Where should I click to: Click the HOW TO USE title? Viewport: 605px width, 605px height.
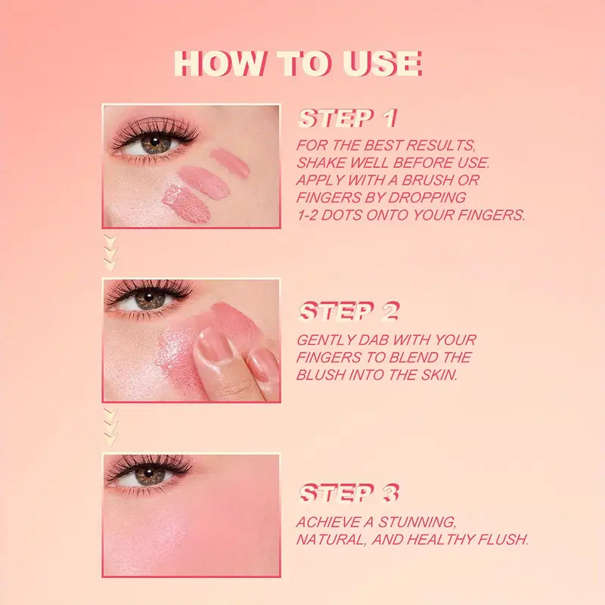pos(297,64)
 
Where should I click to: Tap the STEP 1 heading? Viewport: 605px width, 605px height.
pos(347,118)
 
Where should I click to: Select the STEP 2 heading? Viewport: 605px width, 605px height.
pos(349,312)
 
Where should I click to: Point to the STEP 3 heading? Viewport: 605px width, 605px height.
pos(349,494)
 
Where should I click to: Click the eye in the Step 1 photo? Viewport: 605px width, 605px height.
pos(155,143)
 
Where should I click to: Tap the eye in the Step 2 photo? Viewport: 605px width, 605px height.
pos(150,299)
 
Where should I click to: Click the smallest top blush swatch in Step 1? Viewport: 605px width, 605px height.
pos(230,163)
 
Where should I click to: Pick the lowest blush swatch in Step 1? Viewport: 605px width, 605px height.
pos(186,203)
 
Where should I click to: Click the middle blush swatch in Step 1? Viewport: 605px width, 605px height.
pos(203,181)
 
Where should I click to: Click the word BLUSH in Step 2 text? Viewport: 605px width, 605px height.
pos(324,375)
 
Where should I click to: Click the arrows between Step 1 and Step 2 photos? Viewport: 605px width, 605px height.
pos(111,253)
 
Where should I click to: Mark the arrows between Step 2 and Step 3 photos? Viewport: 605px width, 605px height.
pos(111,427)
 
